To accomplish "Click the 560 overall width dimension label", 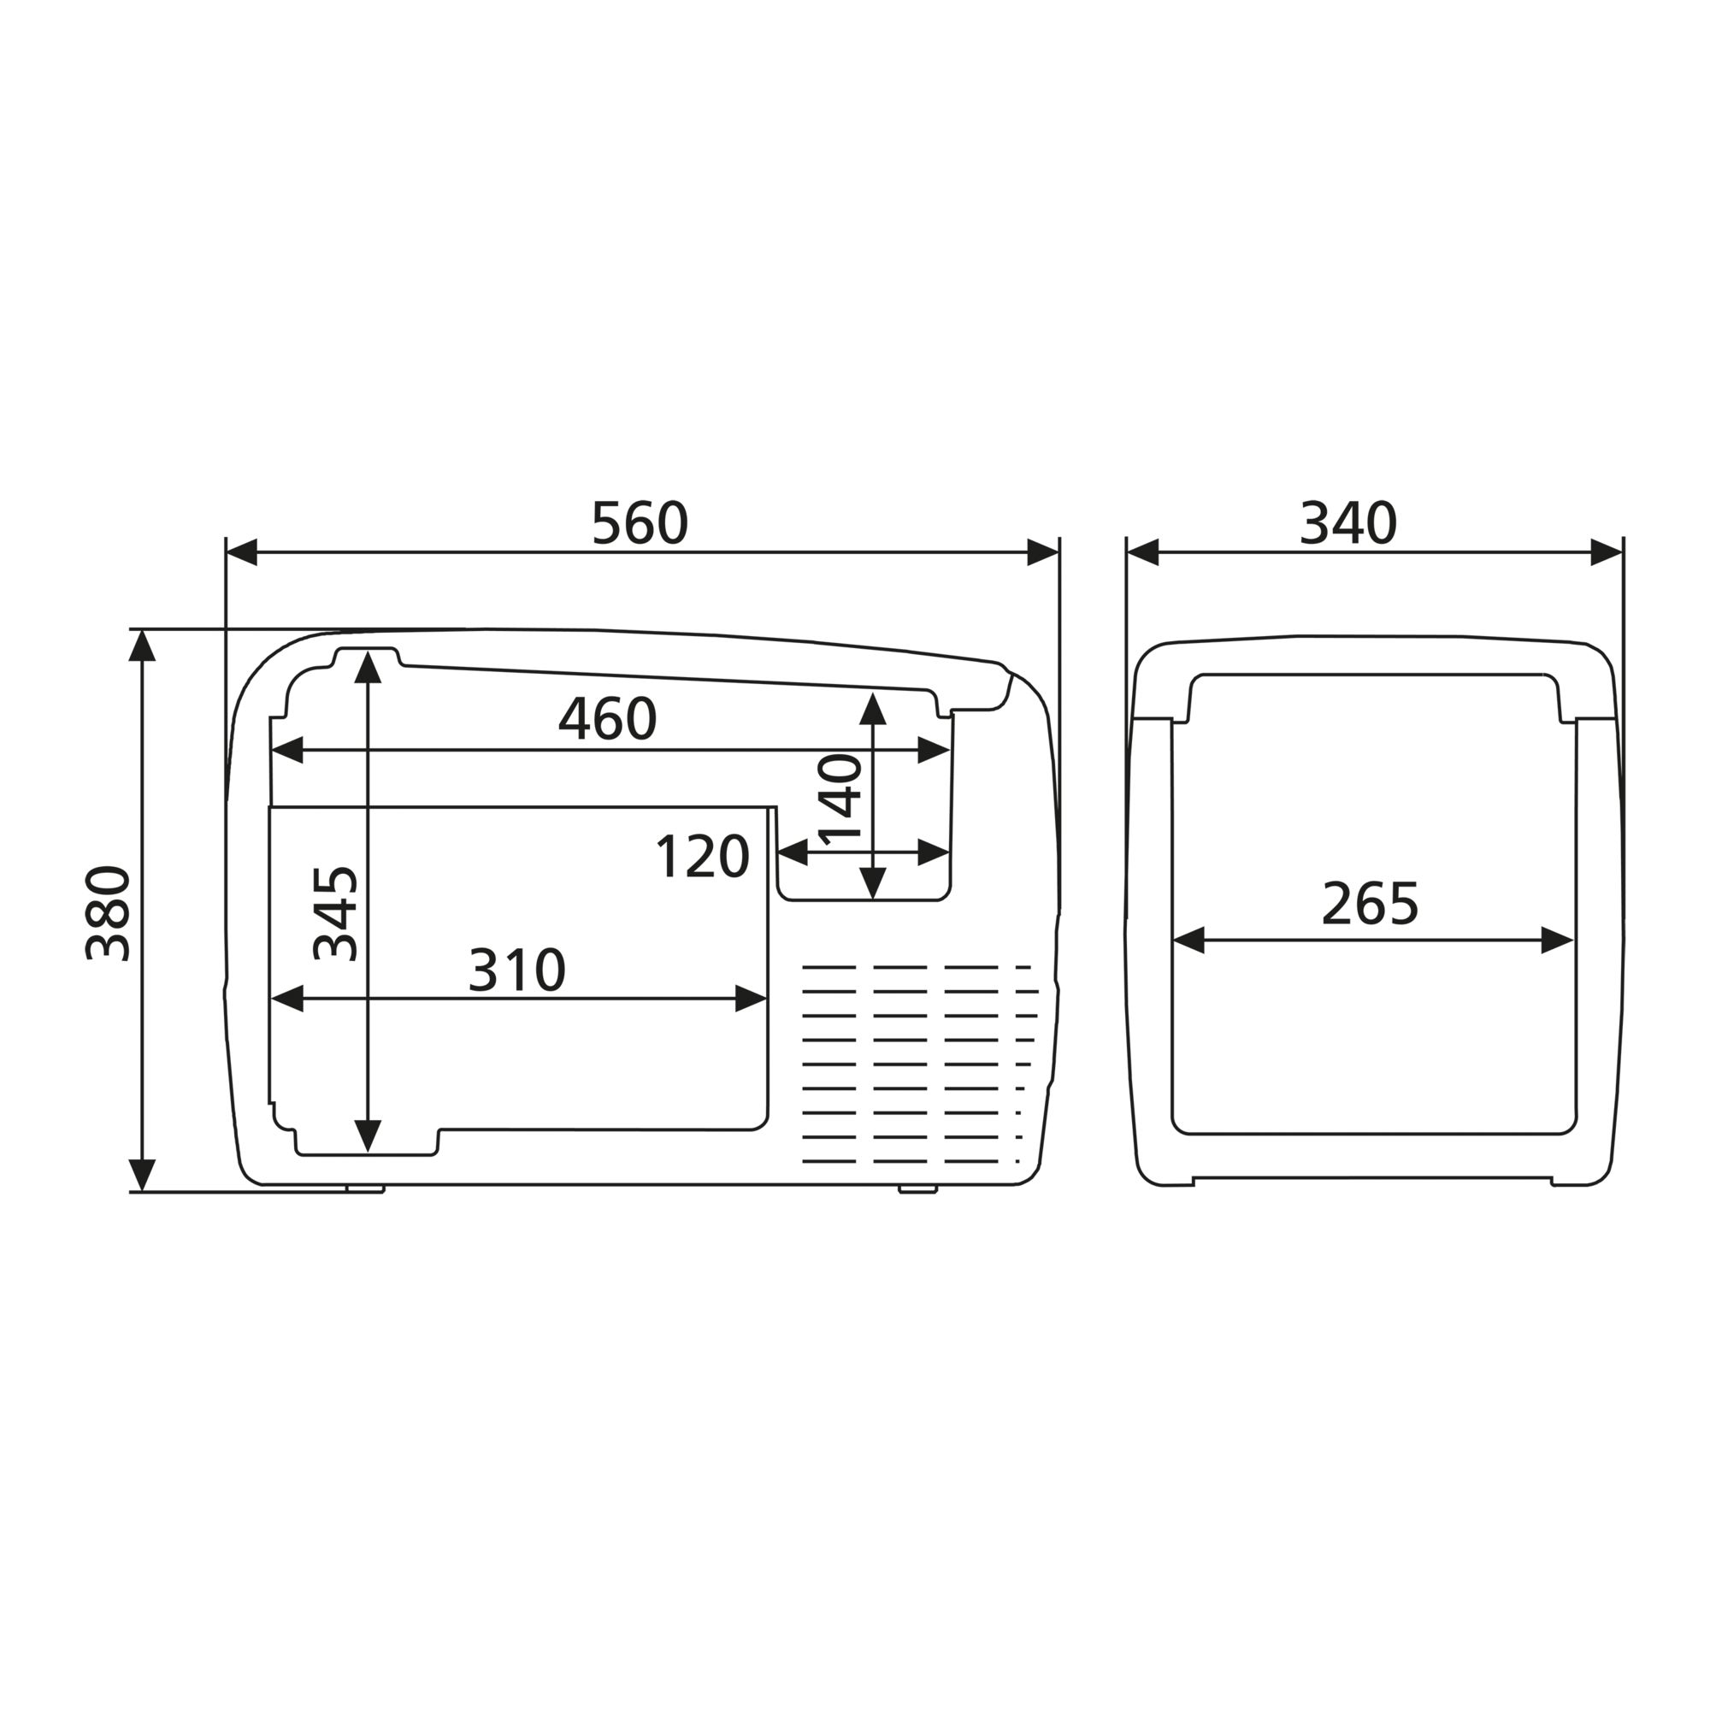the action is point(639,523).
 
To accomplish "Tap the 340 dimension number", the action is point(1348,523).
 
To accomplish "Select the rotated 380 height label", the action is point(108,913).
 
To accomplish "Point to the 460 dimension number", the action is point(607,719).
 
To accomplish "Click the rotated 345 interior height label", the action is point(336,913).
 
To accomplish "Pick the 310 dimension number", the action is point(517,970).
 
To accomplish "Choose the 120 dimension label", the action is point(703,857).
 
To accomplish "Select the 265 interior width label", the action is point(1370,905).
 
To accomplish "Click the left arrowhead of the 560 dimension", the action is point(242,552).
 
